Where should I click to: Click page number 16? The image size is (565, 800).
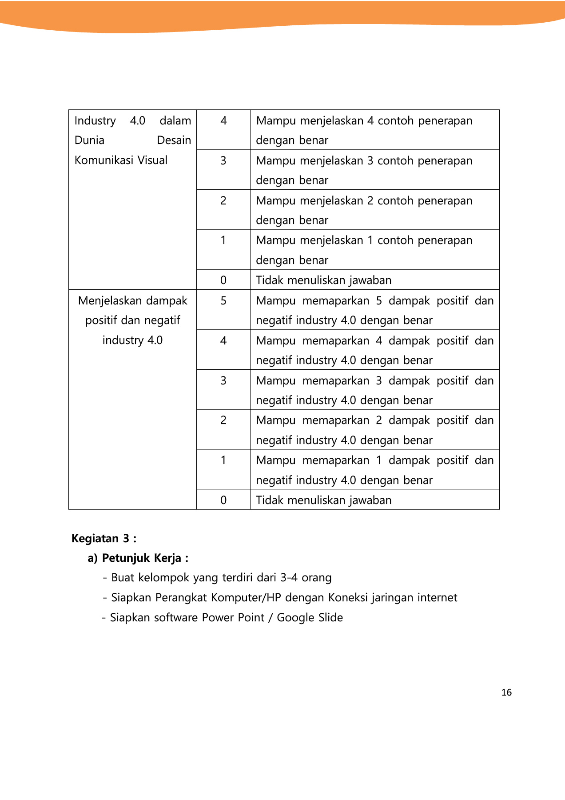click(506, 692)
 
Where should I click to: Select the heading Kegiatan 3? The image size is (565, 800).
click(103, 538)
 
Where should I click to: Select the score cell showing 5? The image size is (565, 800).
click(223, 301)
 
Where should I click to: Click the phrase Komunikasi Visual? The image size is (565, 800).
click(121, 160)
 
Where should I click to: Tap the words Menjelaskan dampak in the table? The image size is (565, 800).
click(132, 301)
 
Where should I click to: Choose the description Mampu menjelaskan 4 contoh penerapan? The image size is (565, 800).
click(364, 121)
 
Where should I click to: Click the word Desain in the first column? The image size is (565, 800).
click(174, 140)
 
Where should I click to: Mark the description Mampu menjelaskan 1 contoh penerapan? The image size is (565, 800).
click(364, 240)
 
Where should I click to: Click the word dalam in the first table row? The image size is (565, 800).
click(175, 121)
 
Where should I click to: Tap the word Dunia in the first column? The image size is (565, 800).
click(89, 140)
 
